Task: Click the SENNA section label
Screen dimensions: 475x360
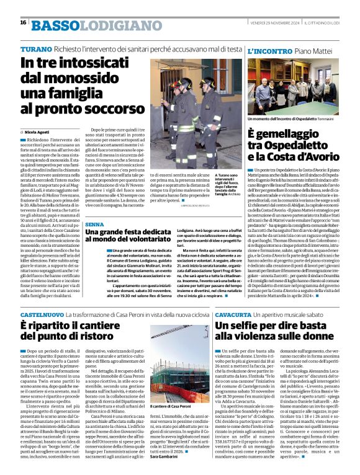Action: [x=94, y=224]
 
